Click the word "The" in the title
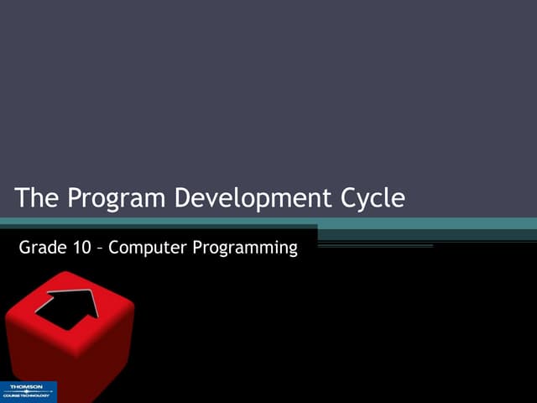click(38, 198)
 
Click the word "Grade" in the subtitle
click(39, 248)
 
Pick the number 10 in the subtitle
click(80, 248)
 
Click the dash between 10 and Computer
click(100, 249)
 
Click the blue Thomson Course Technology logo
click(29, 391)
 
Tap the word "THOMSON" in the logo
click(25, 388)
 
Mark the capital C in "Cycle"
click(349, 198)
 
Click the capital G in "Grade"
click(23, 248)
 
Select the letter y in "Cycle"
click(367, 201)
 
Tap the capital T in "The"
click(23, 198)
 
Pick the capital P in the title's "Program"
click(74, 198)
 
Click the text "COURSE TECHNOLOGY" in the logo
click(26, 395)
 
